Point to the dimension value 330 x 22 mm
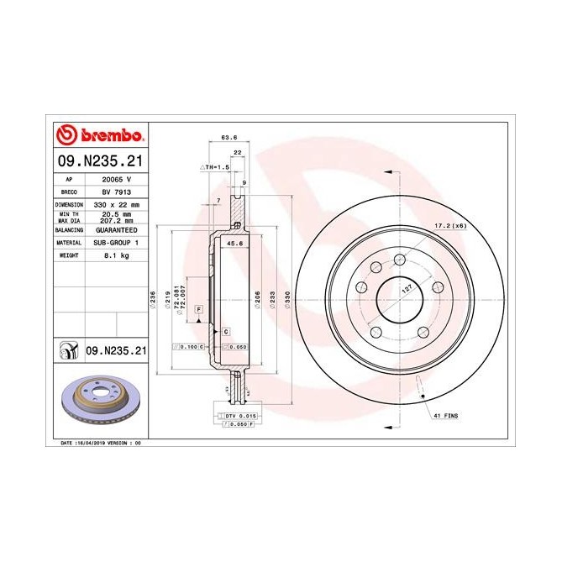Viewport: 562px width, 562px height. pyautogui.click(x=117, y=204)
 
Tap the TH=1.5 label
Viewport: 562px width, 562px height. pyautogui.click(x=214, y=167)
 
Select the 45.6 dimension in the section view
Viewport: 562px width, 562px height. pyautogui.click(x=236, y=244)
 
